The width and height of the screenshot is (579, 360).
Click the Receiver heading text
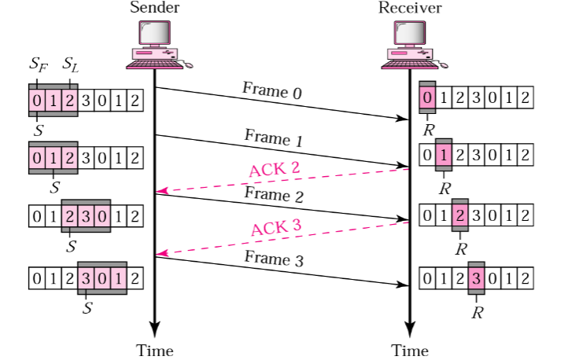pos(410,9)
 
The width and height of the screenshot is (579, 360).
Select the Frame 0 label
pos(272,90)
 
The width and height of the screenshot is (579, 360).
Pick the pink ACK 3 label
pos(277,230)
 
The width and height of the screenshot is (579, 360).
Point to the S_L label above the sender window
pos(71,64)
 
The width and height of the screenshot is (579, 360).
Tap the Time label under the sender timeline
pos(154,350)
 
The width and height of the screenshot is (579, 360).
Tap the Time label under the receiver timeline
pos(410,350)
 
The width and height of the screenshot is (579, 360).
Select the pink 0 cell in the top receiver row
pos(428,99)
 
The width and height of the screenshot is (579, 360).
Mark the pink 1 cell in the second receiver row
pos(444,155)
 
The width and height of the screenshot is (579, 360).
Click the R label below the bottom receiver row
pos(477,312)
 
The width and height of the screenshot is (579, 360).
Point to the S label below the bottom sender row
pos(87,309)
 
